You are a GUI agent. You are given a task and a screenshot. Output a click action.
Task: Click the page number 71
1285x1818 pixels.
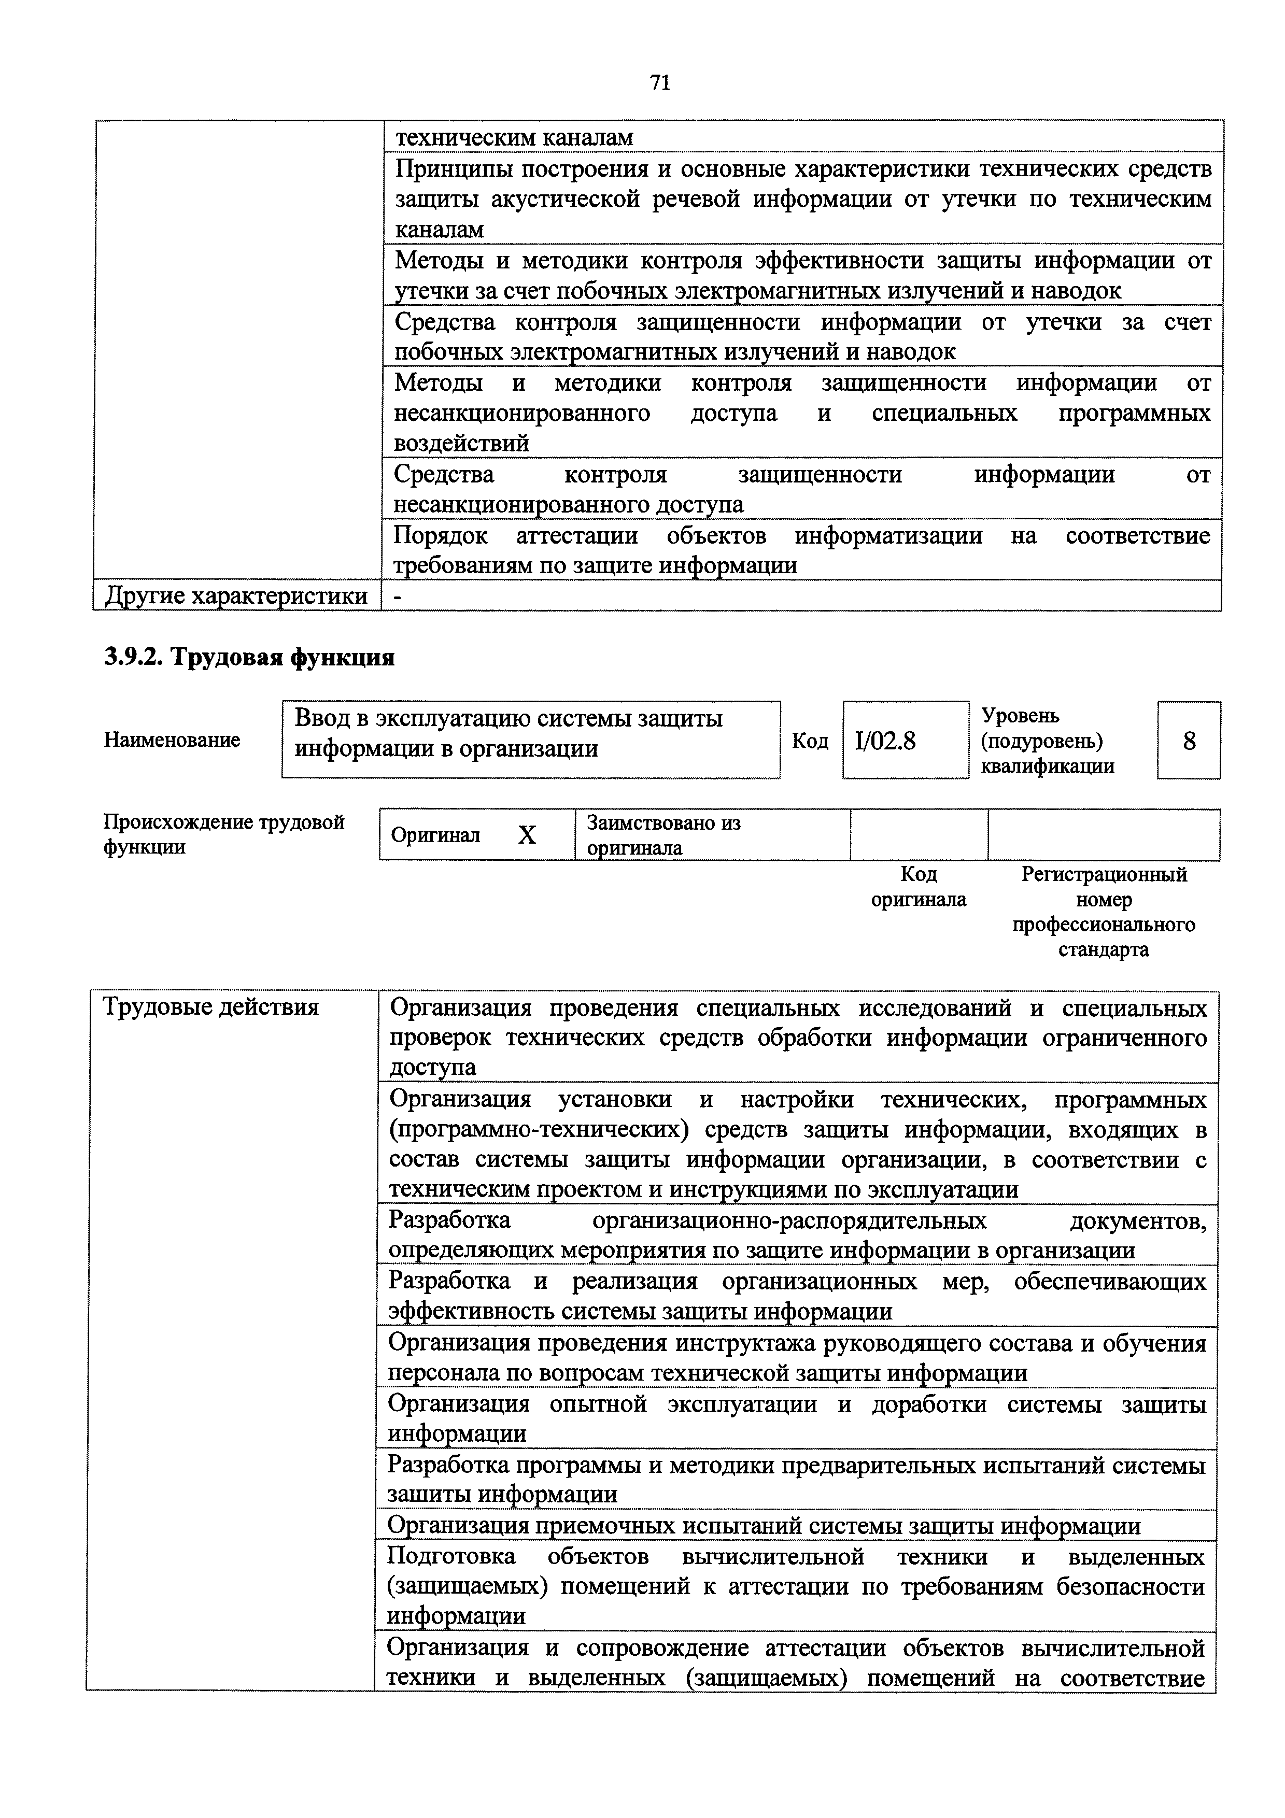[x=659, y=83]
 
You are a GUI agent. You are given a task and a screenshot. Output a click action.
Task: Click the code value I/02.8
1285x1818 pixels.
[x=885, y=741]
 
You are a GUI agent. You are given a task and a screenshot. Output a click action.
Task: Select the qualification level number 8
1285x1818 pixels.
[x=1189, y=741]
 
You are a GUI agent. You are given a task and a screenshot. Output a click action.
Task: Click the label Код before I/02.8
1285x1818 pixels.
[x=810, y=741]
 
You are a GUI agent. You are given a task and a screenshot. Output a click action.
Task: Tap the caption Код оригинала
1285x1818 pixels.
[x=919, y=887]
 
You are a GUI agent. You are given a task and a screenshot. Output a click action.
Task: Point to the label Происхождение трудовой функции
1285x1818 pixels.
[x=224, y=834]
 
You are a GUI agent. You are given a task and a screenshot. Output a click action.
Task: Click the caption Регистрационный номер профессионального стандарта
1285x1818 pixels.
[x=1104, y=912]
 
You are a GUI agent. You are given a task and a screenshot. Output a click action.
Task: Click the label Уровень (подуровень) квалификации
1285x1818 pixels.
[x=1048, y=741]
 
